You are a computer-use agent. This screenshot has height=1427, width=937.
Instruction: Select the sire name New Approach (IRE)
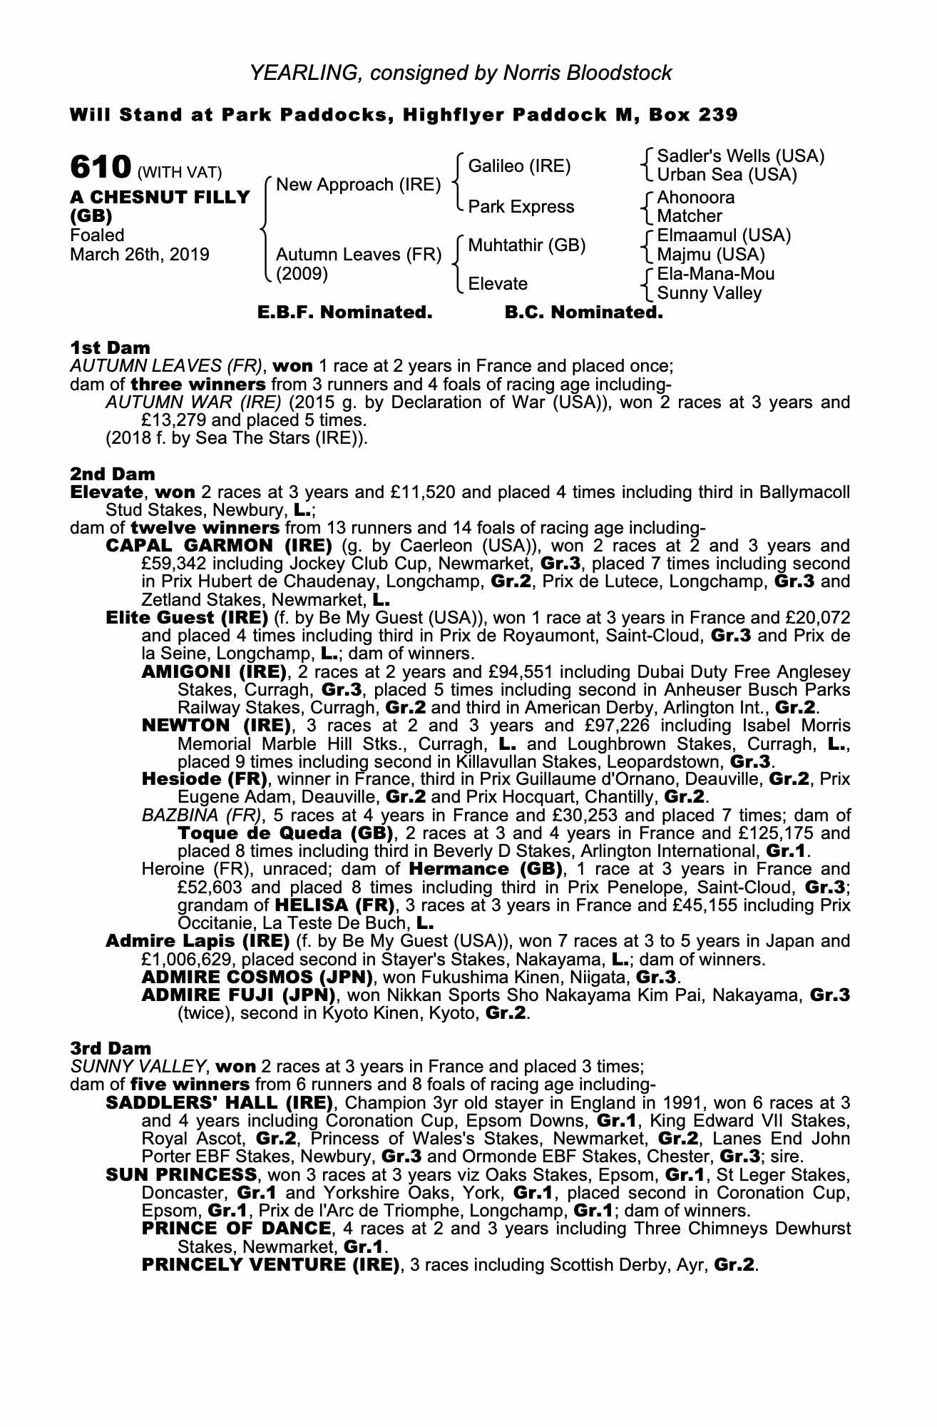358,185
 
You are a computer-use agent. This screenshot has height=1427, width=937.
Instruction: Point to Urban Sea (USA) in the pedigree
727,175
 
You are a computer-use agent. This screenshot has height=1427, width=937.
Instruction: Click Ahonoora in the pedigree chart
695,198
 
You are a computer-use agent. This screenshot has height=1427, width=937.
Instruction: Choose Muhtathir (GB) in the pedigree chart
526,245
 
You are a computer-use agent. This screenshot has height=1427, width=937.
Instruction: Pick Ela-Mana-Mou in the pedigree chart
715,274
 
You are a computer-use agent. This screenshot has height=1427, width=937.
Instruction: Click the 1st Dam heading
110,348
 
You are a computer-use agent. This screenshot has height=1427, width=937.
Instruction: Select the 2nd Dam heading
112,474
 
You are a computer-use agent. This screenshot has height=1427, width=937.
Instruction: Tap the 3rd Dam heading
111,1048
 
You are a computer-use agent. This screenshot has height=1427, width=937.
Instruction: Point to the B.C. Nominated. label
583,313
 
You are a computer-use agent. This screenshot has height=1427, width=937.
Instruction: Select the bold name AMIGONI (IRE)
214,672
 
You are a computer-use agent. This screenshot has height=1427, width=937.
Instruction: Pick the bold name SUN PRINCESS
181,1174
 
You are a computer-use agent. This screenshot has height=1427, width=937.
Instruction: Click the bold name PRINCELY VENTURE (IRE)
270,1265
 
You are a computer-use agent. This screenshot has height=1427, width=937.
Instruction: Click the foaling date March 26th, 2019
140,255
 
